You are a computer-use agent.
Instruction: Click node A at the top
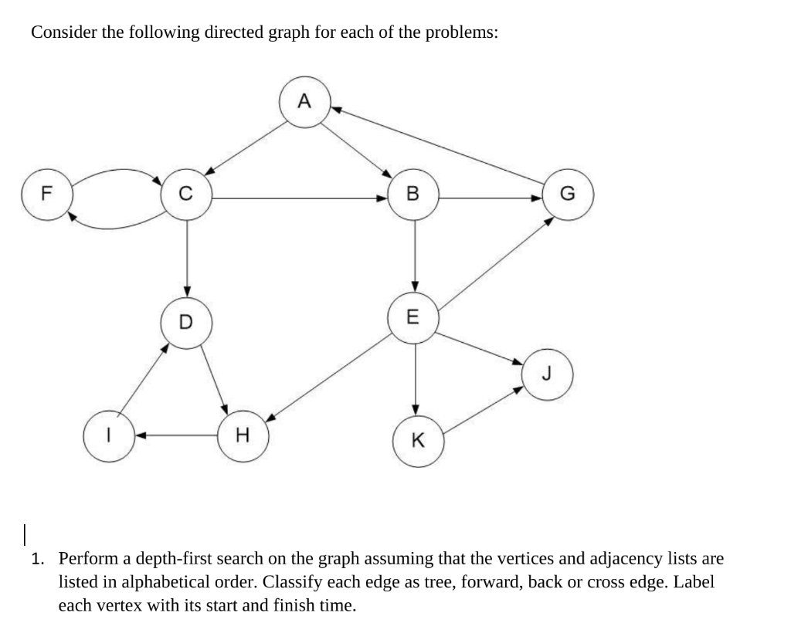(x=304, y=101)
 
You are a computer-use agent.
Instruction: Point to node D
(x=186, y=321)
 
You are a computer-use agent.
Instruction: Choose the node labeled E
(x=415, y=316)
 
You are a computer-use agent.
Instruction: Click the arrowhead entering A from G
(x=337, y=110)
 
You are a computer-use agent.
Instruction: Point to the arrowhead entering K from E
(x=416, y=408)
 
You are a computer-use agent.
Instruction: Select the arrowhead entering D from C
(x=186, y=290)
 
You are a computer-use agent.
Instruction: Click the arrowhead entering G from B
(x=538, y=198)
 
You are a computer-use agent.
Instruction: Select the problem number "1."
(x=38, y=558)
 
